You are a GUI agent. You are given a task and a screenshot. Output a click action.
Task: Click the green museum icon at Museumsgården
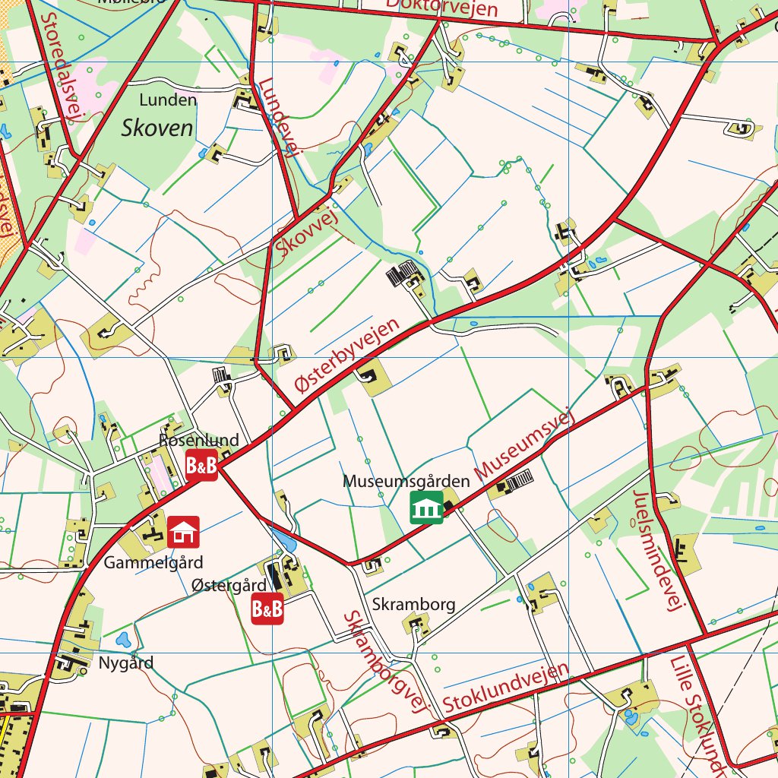[x=427, y=508]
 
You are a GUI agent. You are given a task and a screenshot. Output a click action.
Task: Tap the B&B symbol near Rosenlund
[x=201, y=465]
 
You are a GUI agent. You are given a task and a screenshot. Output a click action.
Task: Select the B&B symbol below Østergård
[x=267, y=609]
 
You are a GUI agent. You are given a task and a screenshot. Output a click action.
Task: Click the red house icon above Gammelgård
[x=183, y=532]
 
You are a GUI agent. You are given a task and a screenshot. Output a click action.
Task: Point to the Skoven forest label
[x=157, y=128]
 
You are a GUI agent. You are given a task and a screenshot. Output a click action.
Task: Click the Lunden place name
[x=168, y=100]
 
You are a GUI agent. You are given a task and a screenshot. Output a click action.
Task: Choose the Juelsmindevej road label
[x=659, y=550]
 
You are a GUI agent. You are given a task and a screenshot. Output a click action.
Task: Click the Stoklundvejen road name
[x=506, y=688]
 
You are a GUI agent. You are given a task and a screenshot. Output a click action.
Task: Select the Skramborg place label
[x=414, y=604]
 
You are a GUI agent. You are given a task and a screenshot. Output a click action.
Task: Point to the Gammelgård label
[x=153, y=563]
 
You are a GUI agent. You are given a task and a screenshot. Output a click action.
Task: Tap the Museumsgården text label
[x=406, y=481]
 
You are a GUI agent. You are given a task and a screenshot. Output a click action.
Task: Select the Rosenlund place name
[x=199, y=440]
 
